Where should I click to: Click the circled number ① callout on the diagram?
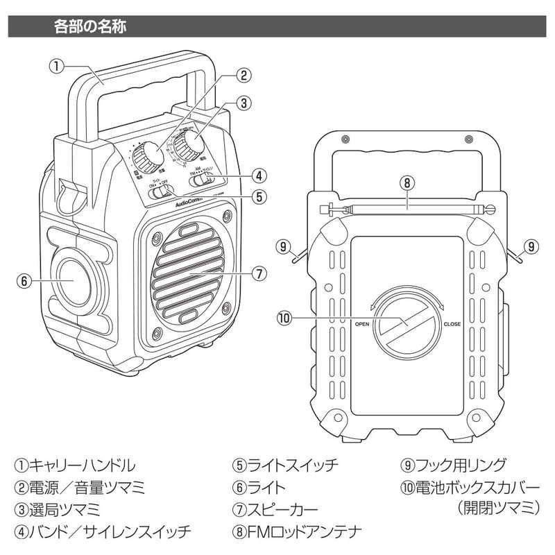[x=57, y=67]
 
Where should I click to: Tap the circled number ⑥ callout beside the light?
[x=24, y=282]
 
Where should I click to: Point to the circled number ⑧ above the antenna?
[x=407, y=184]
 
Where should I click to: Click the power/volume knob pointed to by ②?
[x=148, y=158]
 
